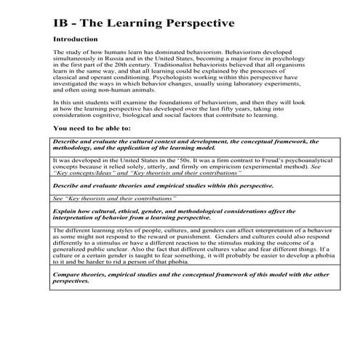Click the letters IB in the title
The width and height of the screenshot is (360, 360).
tap(62, 23)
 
